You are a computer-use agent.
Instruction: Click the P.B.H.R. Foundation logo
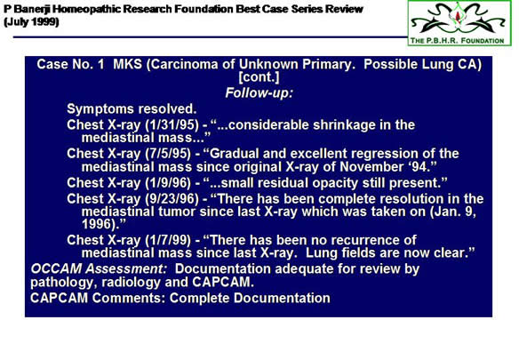click(459, 23)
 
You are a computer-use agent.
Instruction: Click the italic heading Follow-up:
click(259, 93)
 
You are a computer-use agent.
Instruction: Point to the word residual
click(284, 183)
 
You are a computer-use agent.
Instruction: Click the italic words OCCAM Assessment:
click(99, 269)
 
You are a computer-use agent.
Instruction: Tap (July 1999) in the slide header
click(31, 22)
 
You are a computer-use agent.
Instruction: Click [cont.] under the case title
click(259, 77)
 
